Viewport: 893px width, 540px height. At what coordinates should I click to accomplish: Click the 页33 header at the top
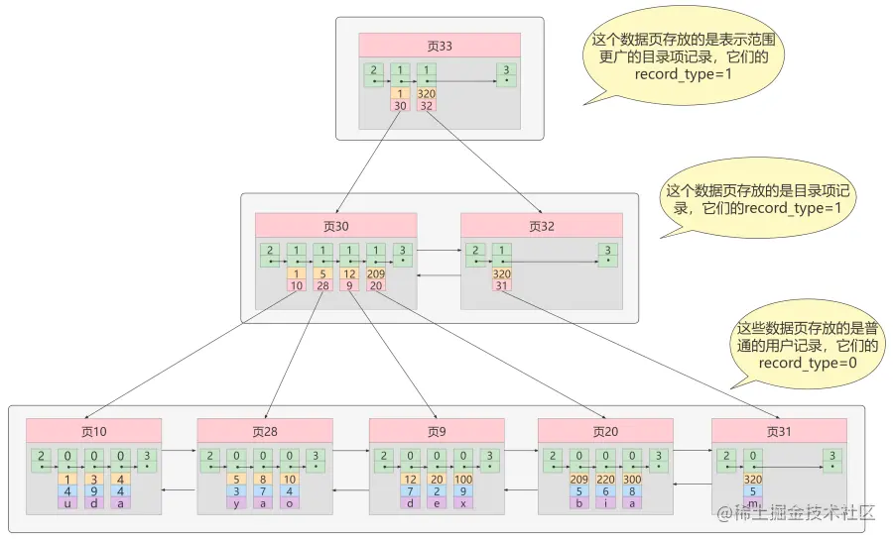[x=440, y=46]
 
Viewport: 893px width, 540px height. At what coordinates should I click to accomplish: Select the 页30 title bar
[x=336, y=226]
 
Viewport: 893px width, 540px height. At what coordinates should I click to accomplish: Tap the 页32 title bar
[x=541, y=226]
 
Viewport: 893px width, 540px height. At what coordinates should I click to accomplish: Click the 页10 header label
[x=94, y=431]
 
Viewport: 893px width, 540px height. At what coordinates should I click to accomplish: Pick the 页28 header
[x=264, y=431]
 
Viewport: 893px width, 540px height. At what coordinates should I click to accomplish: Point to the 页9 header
[x=437, y=431]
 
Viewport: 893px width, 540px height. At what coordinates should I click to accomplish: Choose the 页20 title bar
[x=605, y=431]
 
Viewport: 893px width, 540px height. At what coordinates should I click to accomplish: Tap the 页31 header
[x=779, y=431]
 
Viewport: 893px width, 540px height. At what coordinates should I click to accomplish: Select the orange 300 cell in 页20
[x=631, y=480]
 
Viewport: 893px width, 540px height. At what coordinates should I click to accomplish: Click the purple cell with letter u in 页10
[x=66, y=503]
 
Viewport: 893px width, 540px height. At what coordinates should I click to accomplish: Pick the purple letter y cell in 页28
[x=238, y=503]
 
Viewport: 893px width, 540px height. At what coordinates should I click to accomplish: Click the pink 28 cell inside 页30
[x=322, y=285]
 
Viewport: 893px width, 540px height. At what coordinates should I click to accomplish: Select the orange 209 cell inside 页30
[x=376, y=274]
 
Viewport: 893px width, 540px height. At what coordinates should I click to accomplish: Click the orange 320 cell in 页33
[x=427, y=94]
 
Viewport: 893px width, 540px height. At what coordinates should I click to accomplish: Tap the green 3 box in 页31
[x=831, y=460]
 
